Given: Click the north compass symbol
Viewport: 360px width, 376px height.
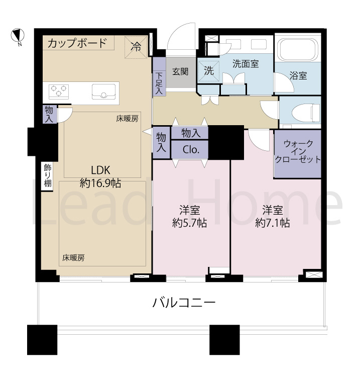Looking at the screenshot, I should click(x=17, y=36).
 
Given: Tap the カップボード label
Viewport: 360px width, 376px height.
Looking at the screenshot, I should click(x=77, y=43).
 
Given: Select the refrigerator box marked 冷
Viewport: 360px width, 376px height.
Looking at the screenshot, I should click(x=136, y=47).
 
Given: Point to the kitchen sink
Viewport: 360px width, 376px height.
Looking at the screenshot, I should click(x=103, y=91).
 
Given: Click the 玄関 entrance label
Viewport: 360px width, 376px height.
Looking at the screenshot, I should click(x=180, y=71).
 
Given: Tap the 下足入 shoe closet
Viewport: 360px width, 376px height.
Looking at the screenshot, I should click(x=159, y=83).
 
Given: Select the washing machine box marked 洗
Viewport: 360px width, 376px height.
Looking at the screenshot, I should click(x=209, y=71).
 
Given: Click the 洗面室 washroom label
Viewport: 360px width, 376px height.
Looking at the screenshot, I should click(x=246, y=64).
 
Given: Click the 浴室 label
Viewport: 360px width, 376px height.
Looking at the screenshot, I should click(x=298, y=76).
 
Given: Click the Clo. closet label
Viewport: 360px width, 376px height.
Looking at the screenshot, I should click(x=191, y=149).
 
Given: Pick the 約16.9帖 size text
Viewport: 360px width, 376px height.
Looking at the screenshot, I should click(x=100, y=183).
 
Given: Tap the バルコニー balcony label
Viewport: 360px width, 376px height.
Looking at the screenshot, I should click(x=184, y=303).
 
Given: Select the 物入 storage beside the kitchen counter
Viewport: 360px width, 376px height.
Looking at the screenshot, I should click(x=49, y=114).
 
